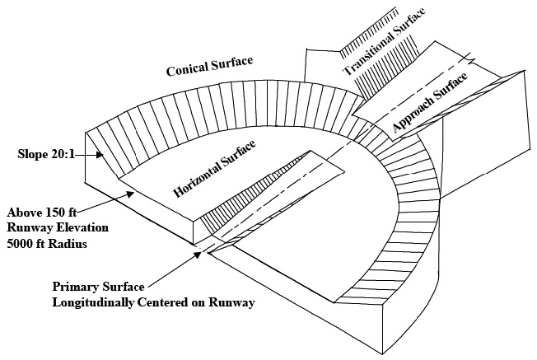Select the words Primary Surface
(x=98, y=288)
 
